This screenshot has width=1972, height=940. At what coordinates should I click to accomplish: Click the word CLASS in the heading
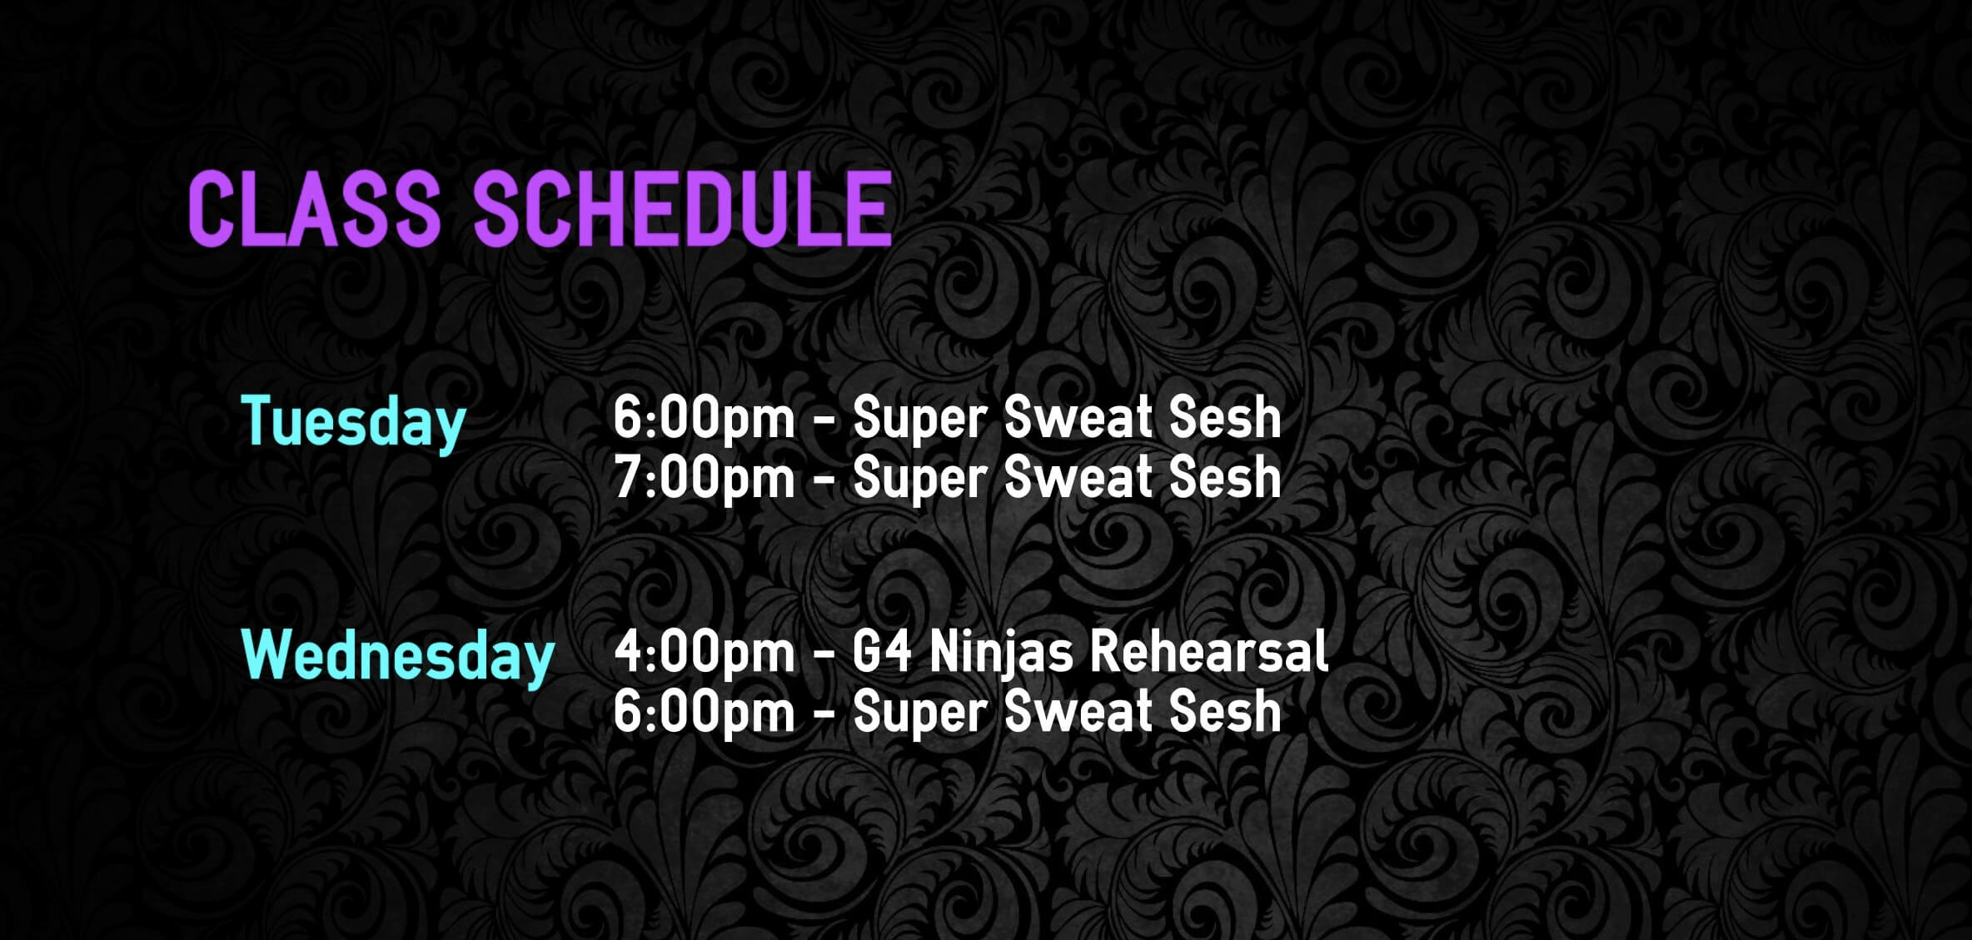point(314,208)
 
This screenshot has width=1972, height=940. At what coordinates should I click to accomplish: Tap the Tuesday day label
point(353,422)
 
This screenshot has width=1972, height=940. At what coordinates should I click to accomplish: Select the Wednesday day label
point(398,657)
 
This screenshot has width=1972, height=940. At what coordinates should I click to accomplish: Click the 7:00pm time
point(705,478)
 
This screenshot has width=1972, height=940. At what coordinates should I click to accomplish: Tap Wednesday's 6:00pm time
point(705,712)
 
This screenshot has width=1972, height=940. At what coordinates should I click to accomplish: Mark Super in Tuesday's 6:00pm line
point(920,418)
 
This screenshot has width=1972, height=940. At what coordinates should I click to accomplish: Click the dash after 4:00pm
point(824,654)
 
